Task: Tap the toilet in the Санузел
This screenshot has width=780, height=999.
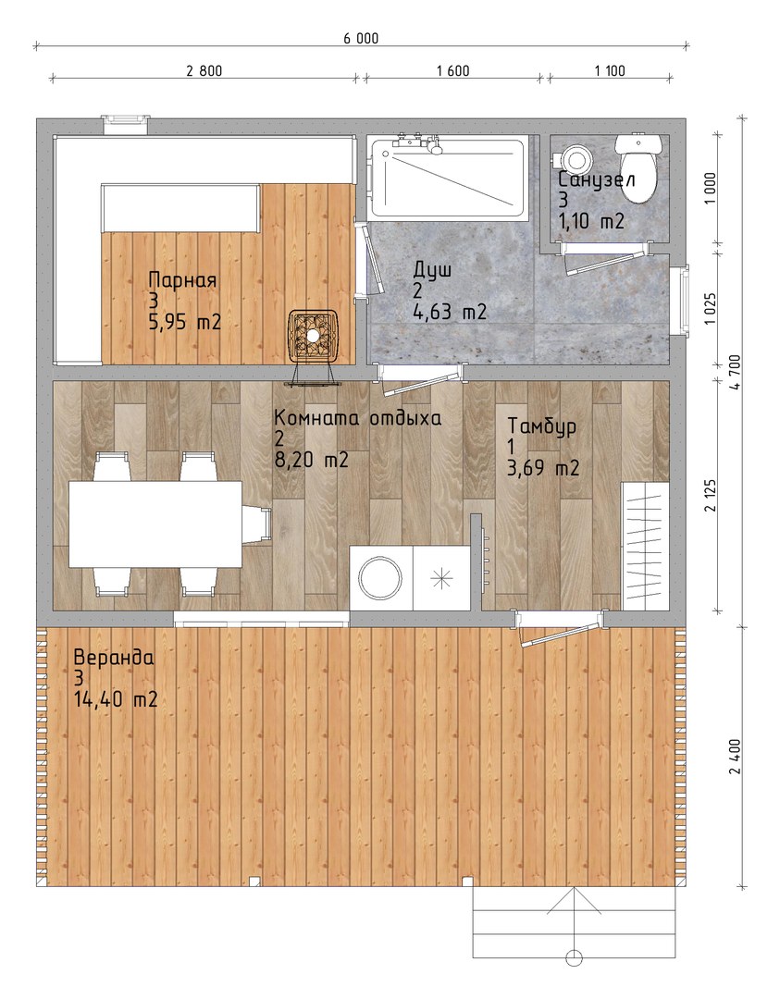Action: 636,167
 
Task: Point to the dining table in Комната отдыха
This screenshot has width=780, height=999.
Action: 155,524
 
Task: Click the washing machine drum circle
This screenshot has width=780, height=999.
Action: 380,577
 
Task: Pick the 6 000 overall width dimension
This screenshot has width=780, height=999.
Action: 362,39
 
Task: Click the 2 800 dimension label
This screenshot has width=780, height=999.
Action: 204,71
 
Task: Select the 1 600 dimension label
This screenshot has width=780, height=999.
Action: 453,71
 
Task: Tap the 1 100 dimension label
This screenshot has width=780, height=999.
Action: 610,71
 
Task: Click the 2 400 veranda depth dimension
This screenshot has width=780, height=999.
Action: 737,757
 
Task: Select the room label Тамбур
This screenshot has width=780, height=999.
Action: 542,425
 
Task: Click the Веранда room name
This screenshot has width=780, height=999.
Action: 114,658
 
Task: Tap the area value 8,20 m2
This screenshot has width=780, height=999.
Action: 312,460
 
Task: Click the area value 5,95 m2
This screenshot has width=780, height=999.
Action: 185,323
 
